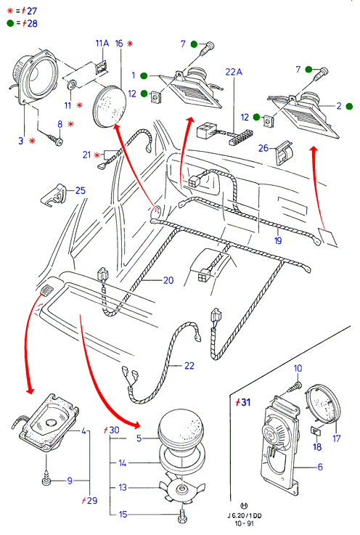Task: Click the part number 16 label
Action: tap(119, 44)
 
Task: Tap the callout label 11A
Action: tap(102, 44)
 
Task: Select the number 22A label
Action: tap(234, 72)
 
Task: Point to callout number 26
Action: tap(263, 148)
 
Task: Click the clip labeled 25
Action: tap(54, 196)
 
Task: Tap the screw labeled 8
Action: tap(55, 140)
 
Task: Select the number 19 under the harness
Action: tap(278, 240)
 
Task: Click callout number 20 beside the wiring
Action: tap(168, 280)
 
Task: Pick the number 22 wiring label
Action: tap(189, 365)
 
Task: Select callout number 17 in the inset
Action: tap(337, 438)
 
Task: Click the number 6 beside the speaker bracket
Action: tap(320, 467)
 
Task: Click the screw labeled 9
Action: tap(46, 481)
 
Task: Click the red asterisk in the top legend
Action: tap(10, 11)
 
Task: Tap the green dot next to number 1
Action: tap(144, 75)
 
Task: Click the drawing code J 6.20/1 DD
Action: tap(245, 516)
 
